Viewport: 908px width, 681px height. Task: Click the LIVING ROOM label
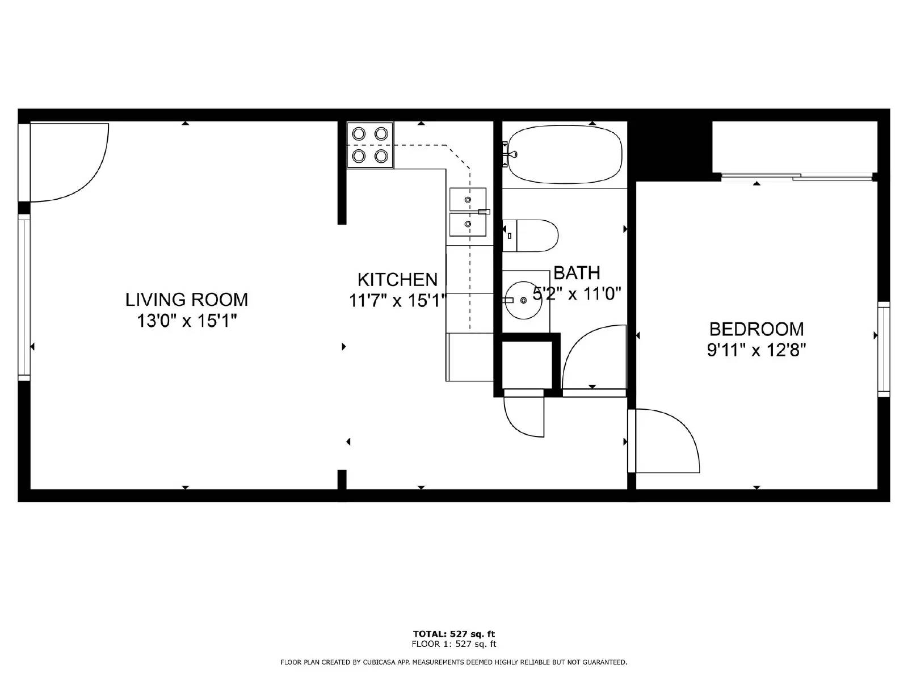187,300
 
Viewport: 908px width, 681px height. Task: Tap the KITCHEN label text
398,280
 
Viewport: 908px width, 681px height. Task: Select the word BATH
577,273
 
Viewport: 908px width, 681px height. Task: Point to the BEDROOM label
756,330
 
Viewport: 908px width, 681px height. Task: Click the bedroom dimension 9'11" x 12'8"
756,351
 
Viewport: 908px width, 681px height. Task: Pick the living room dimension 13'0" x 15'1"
187,321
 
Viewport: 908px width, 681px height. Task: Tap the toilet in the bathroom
530,236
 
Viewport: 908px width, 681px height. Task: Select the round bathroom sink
524,300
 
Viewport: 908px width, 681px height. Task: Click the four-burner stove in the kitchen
370,145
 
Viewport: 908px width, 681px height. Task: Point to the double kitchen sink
468,212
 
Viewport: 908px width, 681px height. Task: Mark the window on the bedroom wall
884,347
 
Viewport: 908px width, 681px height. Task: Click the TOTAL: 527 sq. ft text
454,634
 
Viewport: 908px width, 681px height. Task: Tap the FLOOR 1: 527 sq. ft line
454,644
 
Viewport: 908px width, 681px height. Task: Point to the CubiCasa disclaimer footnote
454,662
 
